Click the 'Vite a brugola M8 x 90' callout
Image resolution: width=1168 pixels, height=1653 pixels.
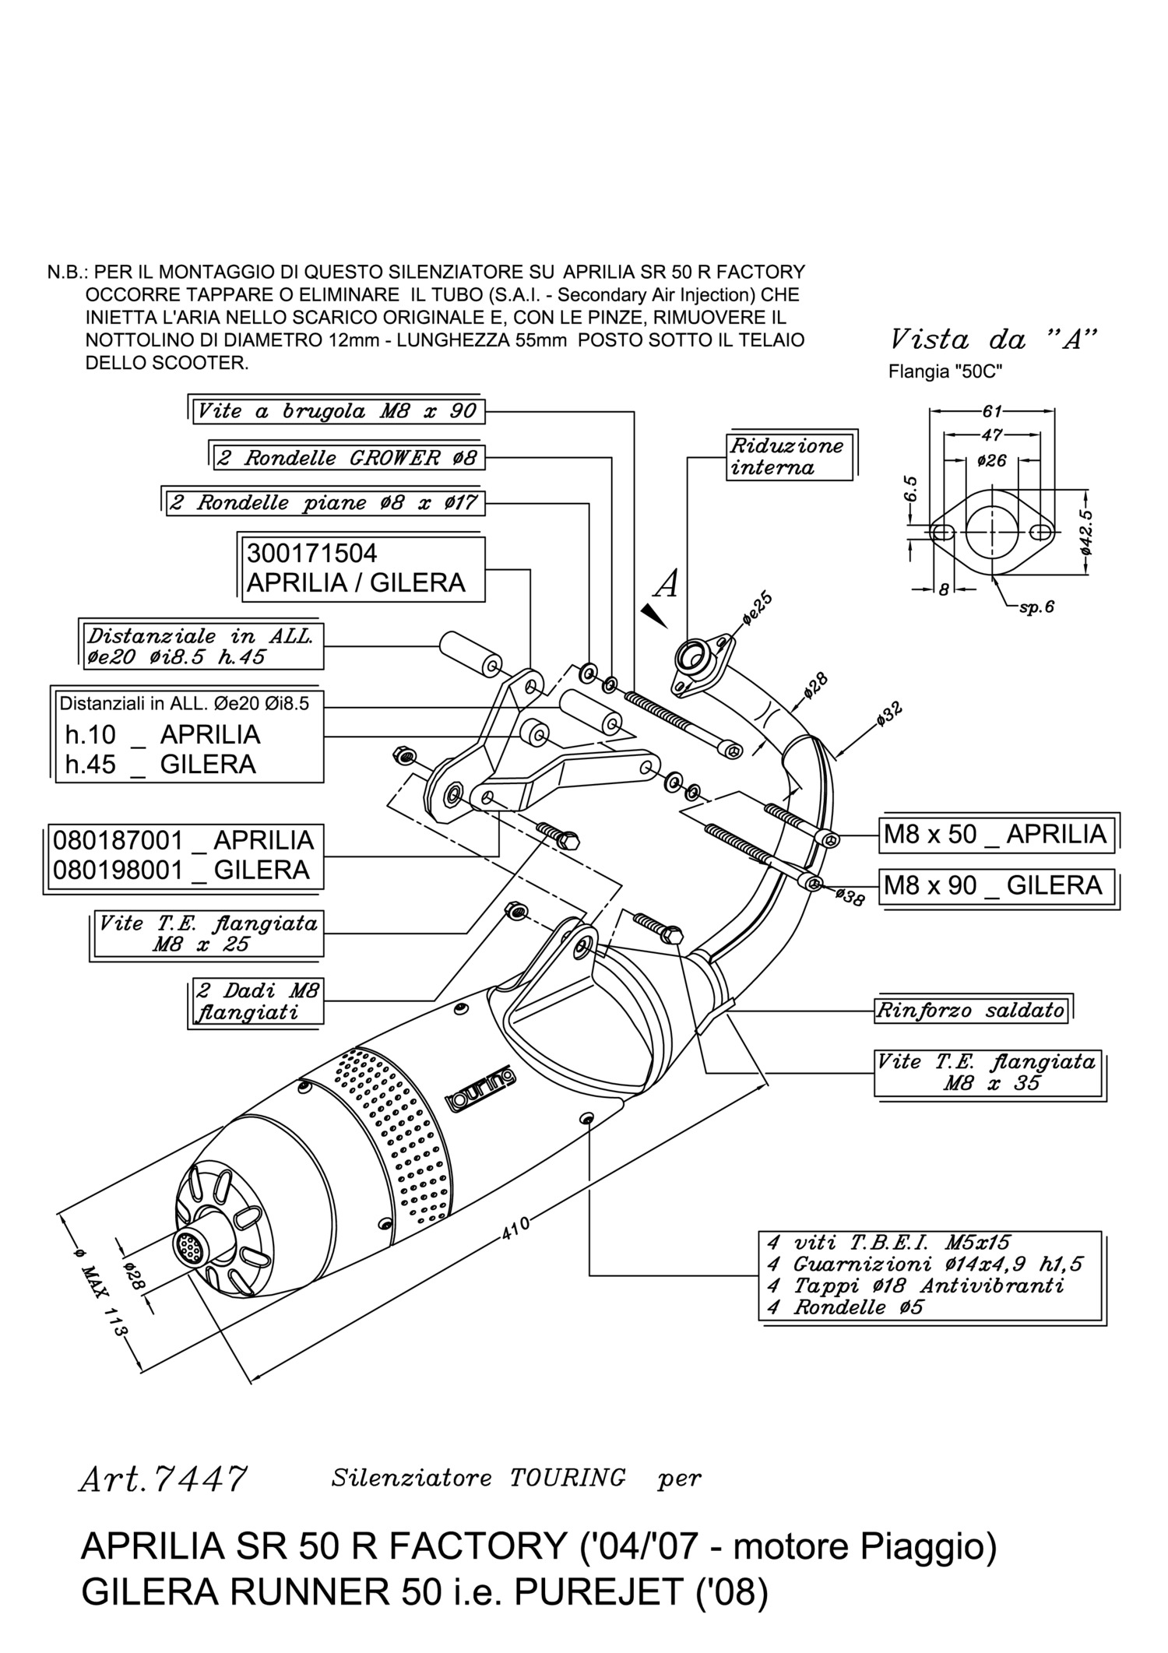338,411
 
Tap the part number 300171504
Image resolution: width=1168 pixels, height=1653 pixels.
311,554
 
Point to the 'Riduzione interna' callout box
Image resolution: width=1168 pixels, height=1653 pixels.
788,457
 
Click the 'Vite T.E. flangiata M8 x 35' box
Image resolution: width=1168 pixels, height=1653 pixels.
987,1072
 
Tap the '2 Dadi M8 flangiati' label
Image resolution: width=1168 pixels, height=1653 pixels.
258,1001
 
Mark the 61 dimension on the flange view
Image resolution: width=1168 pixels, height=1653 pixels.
992,412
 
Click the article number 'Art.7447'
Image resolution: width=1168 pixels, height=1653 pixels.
162,1478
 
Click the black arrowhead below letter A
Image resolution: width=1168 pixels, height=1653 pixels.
655,616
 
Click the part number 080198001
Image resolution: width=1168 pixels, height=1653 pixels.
118,870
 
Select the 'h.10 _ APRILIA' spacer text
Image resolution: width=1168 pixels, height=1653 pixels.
163,734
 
